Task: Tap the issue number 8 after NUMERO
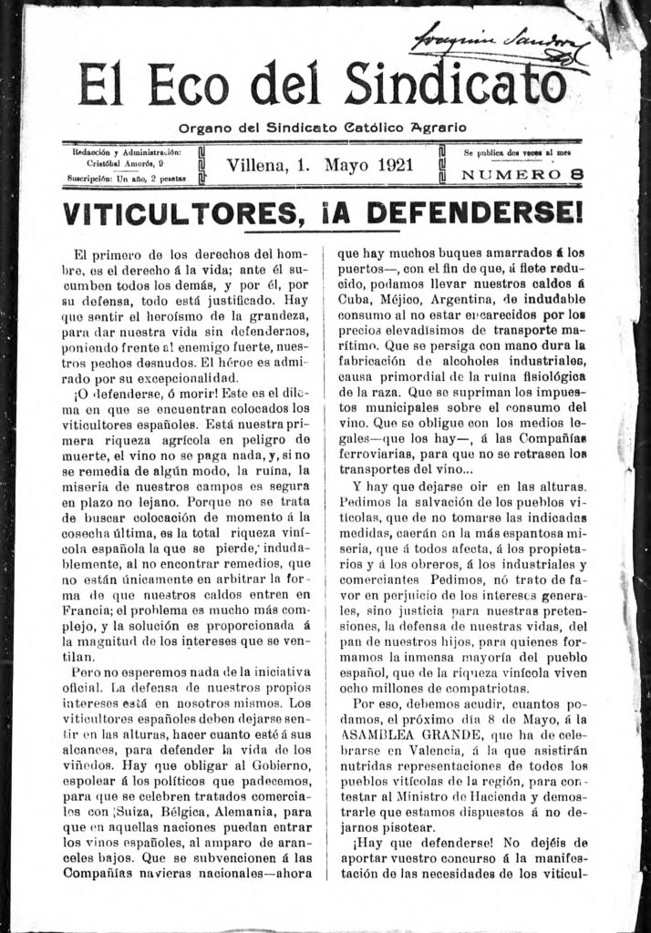pos(577,174)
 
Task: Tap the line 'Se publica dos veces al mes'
pos(522,152)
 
